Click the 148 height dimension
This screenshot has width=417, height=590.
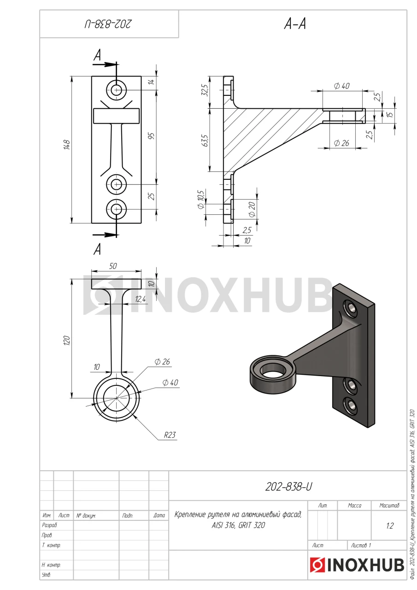tap(67, 145)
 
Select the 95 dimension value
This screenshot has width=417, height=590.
tap(152, 136)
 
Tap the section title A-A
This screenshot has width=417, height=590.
tap(295, 24)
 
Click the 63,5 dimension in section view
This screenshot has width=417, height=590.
tap(206, 141)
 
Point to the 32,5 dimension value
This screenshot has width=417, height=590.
tap(206, 90)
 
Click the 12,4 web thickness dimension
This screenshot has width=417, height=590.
tap(141, 299)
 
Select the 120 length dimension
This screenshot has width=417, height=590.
tap(67, 341)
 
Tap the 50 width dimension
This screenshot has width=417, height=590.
tap(113, 266)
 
